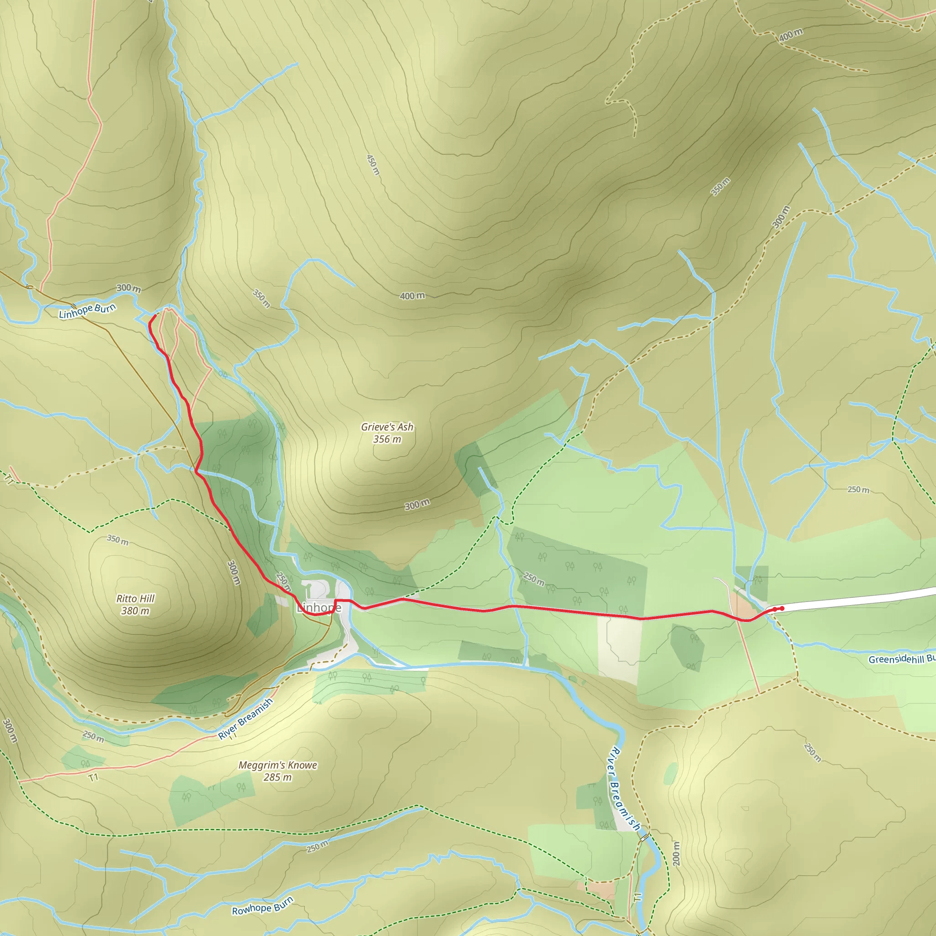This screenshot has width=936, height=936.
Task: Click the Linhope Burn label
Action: tap(87, 310)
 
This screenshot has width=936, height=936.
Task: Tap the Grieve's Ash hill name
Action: tap(387, 427)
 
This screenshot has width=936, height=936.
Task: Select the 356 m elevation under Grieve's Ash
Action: tap(387, 439)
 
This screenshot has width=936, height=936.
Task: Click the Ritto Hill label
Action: tap(136, 598)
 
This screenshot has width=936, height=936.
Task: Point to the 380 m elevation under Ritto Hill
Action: tap(135, 611)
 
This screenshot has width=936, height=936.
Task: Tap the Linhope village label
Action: tap(319, 607)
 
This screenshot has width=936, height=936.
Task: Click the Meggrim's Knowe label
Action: tap(277, 765)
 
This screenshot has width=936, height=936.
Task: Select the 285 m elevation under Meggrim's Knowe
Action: tap(277, 777)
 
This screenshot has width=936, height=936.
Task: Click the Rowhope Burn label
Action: tap(263, 906)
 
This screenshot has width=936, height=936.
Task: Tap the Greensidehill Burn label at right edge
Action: tap(901, 659)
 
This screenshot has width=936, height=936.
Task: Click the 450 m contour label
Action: tap(372, 165)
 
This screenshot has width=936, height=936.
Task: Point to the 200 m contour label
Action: tap(676, 854)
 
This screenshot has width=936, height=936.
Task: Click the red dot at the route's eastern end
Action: tap(782, 608)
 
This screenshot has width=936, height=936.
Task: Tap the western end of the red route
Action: tap(154, 316)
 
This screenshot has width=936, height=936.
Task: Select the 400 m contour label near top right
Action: tap(791, 35)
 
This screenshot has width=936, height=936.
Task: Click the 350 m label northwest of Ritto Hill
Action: tap(118, 540)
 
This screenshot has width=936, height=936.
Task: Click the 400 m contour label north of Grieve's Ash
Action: tap(412, 296)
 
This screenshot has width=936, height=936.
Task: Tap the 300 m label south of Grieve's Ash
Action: tap(417, 505)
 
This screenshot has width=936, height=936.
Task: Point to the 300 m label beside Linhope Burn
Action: tap(129, 288)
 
